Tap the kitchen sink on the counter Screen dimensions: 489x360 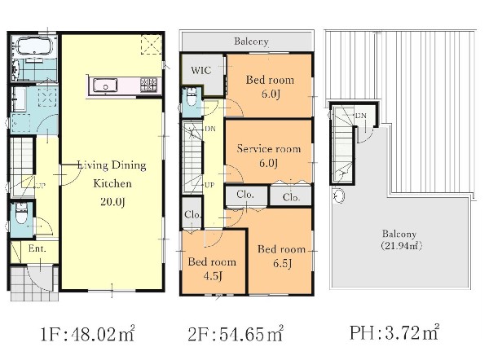pyautogui.click(x=105, y=86)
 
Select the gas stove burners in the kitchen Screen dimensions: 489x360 pyautogui.click(x=148, y=85)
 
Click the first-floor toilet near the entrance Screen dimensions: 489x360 pyautogui.click(x=21, y=214)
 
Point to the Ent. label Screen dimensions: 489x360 pyautogui.click(x=37, y=248)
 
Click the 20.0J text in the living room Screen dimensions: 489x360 pyautogui.click(x=113, y=202)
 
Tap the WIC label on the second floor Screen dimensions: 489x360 pyautogui.click(x=201, y=70)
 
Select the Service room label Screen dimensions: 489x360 pyautogui.click(x=268, y=149)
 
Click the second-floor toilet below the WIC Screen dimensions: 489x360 pyautogui.click(x=192, y=97)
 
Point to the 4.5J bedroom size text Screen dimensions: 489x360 pyautogui.click(x=213, y=275)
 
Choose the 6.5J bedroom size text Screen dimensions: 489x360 pyautogui.click(x=282, y=264)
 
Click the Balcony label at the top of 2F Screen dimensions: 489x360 pyautogui.click(x=251, y=42)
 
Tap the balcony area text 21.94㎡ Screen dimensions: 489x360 pyautogui.click(x=401, y=246)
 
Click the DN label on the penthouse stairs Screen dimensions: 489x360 pyautogui.click(x=361, y=116)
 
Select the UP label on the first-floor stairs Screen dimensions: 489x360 pyautogui.click(x=41, y=187)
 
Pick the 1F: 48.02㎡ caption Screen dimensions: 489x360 pyautogui.click(x=88, y=334)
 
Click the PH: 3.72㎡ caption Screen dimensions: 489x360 pyautogui.click(x=394, y=332)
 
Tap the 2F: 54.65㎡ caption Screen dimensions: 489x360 pyautogui.click(x=236, y=334)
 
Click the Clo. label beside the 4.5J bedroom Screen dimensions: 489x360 pyautogui.click(x=192, y=214)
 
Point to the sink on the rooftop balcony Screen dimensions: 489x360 pyautogui.click(x=338, y=195)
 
